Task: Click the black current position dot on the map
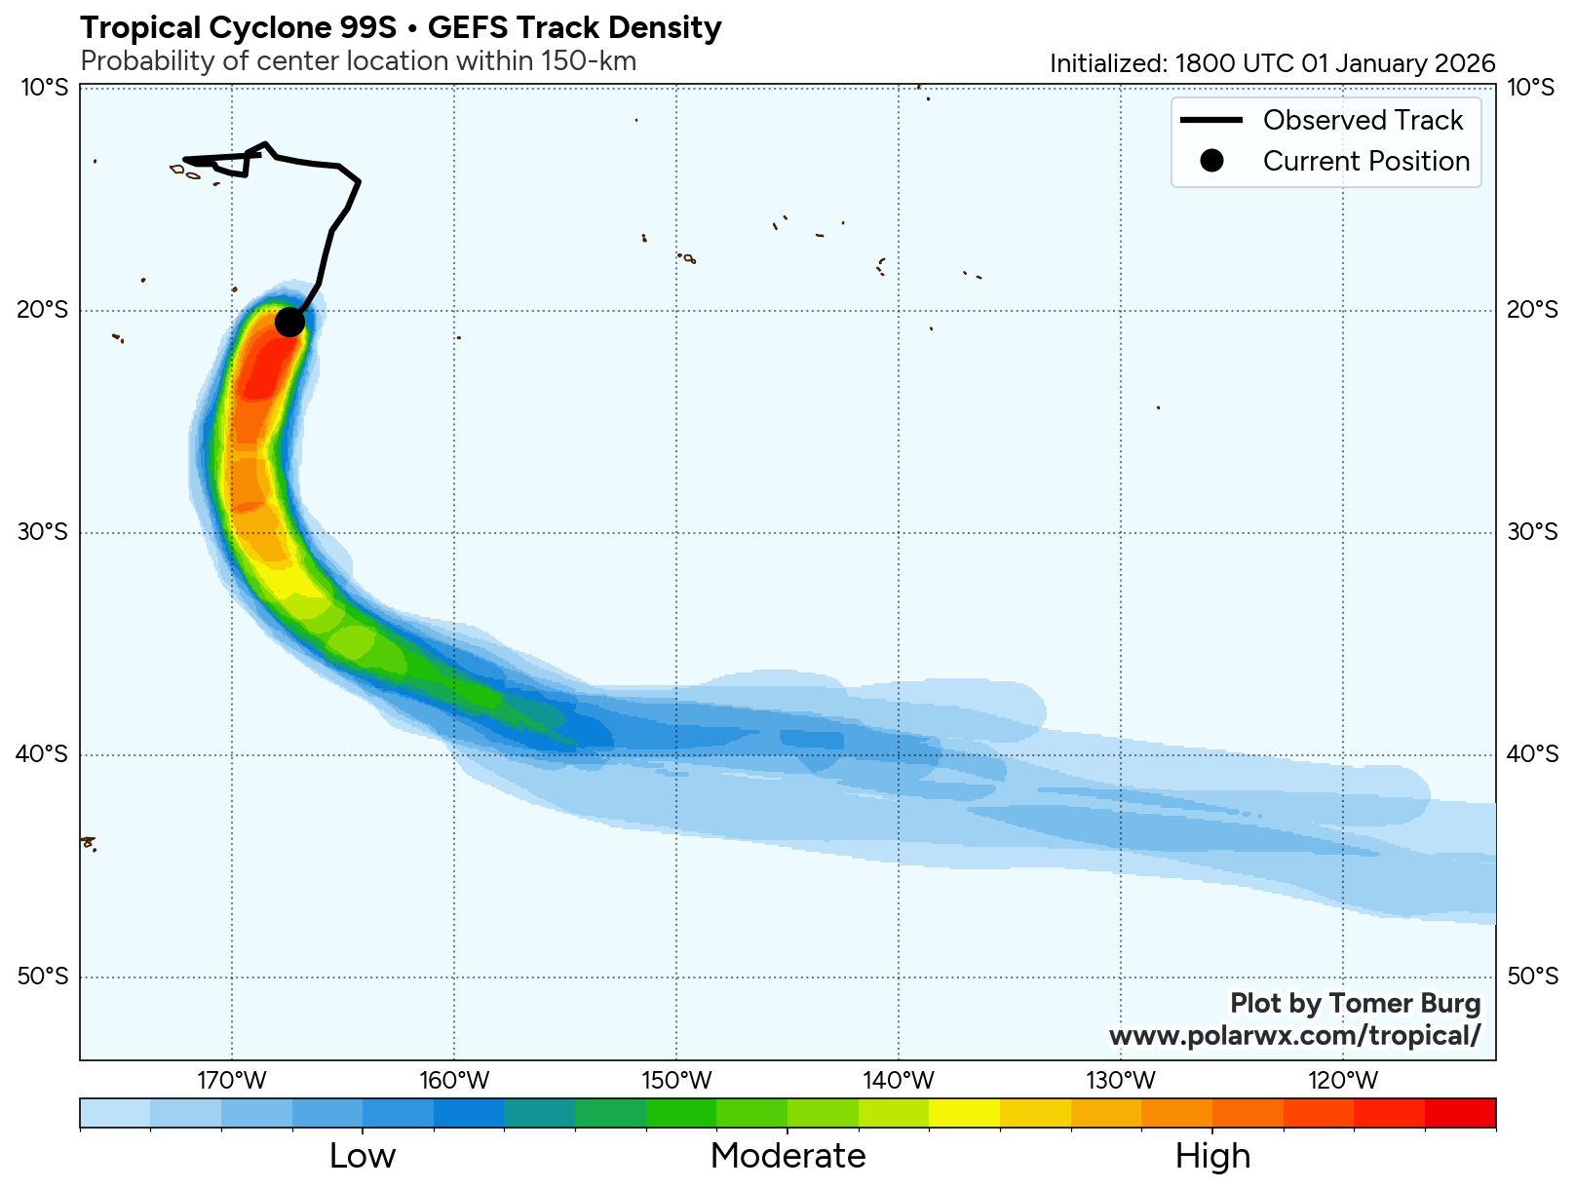(x=289, y=322)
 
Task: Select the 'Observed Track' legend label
(x=1363, y=120)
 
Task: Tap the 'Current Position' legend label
(x=1365, y=161)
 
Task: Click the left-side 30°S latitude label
(x=44, y=532)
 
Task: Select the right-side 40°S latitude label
(x=1531, y=754)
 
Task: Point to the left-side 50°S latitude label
(x=44, y=977)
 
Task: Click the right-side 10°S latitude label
(x=1531, y=88)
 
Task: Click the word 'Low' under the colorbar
(x=363, y=1156)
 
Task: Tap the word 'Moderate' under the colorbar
(x=787, y=1156)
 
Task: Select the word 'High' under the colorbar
(x=1212, y=1156)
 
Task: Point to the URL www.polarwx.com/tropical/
(x=1294, y=1035)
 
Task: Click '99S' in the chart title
(x=364, y=27)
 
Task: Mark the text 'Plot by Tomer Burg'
(x=1355, y=1003)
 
